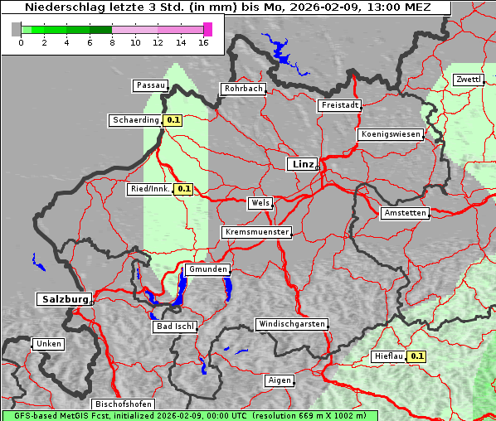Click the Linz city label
302,164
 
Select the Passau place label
150,85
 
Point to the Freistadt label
339,105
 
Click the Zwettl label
468,80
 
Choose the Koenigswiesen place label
391,134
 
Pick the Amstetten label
405,213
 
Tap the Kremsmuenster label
256,232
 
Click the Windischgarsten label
291,324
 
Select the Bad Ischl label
175,327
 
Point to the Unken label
48,343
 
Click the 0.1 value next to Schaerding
173,120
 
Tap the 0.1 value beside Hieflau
416,356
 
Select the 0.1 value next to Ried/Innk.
183,189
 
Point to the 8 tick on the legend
112,42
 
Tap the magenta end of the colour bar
207,29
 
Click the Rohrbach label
242,89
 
